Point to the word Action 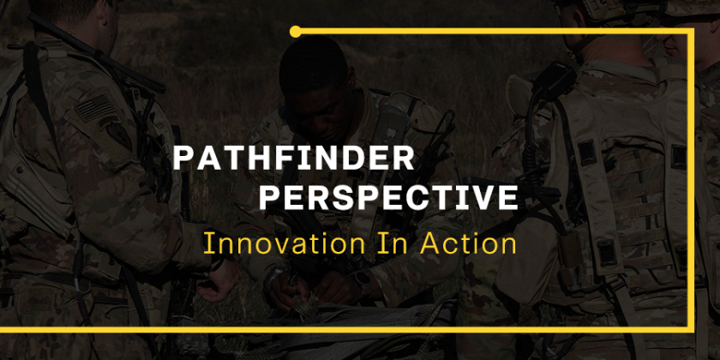[468, 243]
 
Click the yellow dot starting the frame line [295, 32]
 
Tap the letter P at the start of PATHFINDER [182, 158]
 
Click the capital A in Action [427, 243]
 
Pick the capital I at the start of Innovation [207, 243]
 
